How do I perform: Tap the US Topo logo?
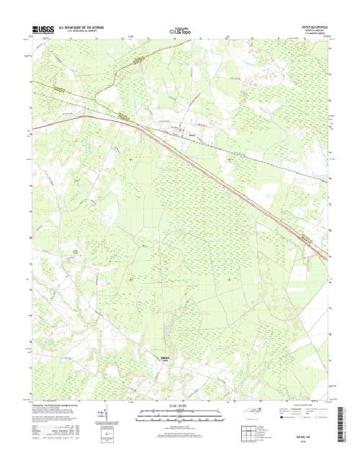[179, 31]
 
